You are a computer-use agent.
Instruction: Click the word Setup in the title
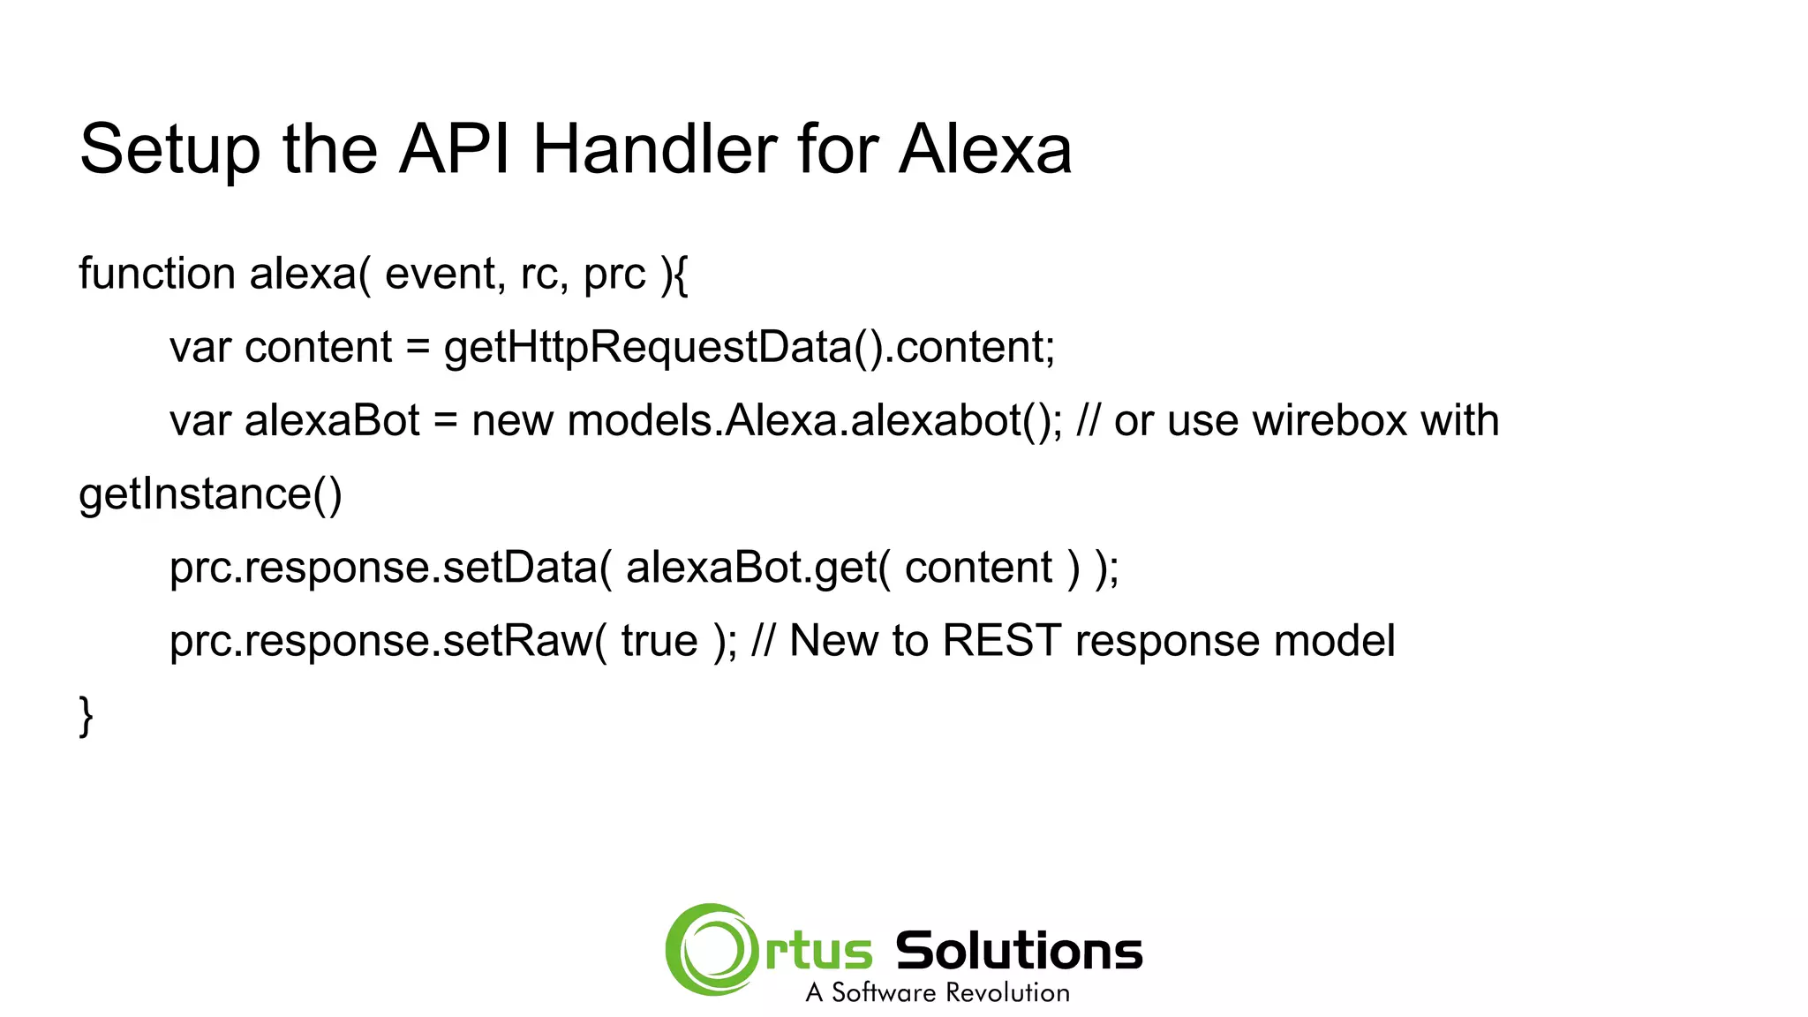pyautogui.click(x=169, y=150)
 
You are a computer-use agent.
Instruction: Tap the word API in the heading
pyautogui.click(x=455, y=148)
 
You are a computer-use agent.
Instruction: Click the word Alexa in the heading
pyautogui.click(x=984, y=148)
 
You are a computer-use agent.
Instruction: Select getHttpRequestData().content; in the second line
pyautogui.click(x=749, y=347)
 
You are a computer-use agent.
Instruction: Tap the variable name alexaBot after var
pyautogui.click(x=332, y=420)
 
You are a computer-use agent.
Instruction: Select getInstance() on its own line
pyautogui.click(x=210, y=493)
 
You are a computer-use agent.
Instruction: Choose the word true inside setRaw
pyautogui.click(x=659, y=641)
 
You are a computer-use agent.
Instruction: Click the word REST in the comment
pyautogui.click(x=1001, y=641)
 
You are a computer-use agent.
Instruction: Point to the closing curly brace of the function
pyautogui.click(x=86, y=715)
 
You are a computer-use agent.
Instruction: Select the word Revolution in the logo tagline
pyautogui.click(x=1006, y=993)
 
